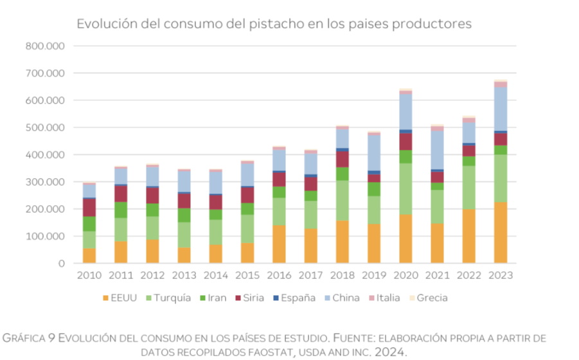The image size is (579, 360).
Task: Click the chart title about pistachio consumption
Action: point(274,24)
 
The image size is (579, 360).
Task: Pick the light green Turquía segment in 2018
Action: point(343,201)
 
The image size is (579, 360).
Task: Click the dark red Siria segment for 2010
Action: point(90,208)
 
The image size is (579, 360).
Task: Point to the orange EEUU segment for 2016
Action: point(280,244)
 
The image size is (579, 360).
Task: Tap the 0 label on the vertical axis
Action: point(62,263)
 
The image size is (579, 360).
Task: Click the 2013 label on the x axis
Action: point(184,276)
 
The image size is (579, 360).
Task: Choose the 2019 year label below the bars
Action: point(373,276)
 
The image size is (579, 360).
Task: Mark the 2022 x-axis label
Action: point(468,276)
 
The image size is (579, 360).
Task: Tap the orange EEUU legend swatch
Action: point(106,298)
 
